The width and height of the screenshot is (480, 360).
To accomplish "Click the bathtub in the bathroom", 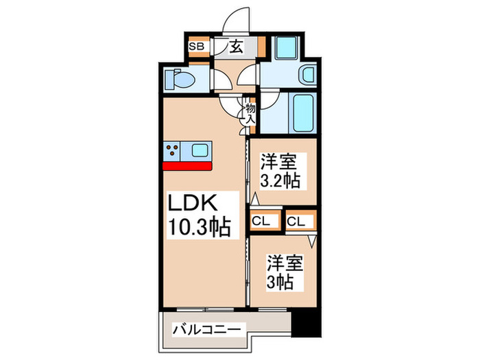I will coord(302,113).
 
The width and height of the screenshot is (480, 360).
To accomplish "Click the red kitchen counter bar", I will coord(187,165).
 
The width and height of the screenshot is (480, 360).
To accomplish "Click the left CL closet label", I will coord(261,221).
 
